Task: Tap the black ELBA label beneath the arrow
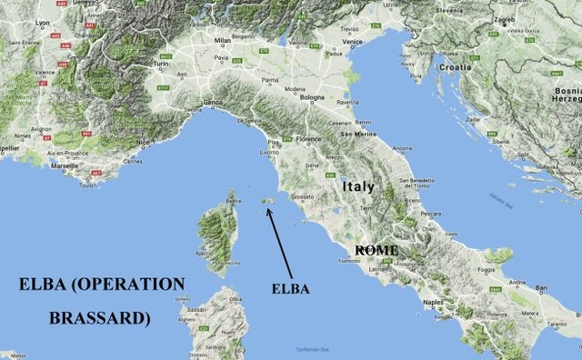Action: click(291, 288)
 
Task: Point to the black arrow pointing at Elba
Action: click(280, 242)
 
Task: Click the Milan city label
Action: click(223, 41)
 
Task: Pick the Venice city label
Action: click(353, 41)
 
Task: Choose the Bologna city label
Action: click(313, 97)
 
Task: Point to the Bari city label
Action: click(541, 288)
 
